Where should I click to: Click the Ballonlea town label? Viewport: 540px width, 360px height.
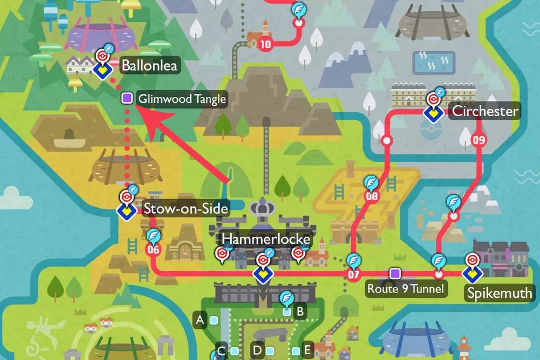tap(148, 65)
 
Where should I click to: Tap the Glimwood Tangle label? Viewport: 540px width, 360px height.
tap(181, 99)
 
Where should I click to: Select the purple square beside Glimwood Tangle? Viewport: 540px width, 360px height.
tap(126, 99)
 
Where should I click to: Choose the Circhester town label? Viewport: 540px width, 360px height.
tap(485, 111)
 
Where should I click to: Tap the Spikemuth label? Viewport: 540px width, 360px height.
tap(500, 292)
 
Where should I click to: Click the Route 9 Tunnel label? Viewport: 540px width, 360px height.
tap(406, 288)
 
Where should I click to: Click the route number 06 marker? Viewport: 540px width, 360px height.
tap(153, 250)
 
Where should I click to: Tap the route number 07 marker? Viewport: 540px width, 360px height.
tap(353, 274)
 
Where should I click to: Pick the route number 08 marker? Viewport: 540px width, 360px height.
tap(371, 197)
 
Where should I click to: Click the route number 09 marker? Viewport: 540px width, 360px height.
tap(478, 140)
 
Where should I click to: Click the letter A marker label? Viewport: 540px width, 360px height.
tap(200, 320)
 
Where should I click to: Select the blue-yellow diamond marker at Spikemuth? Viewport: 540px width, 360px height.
tap(471, 274)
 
